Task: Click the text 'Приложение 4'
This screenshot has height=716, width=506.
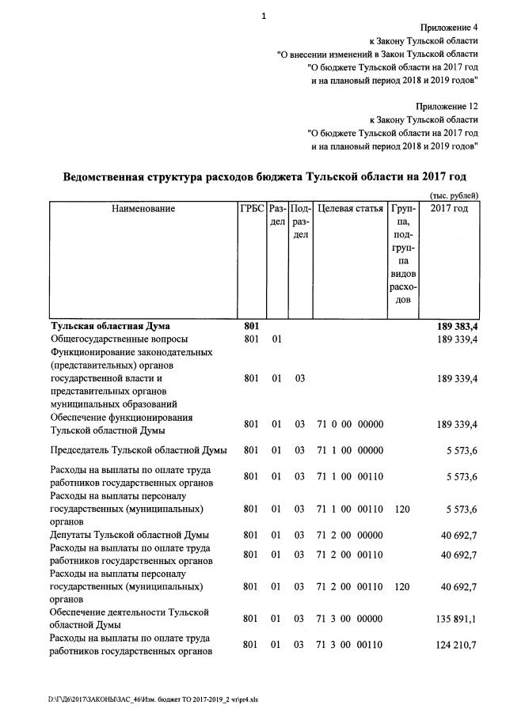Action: [x=449, y=27]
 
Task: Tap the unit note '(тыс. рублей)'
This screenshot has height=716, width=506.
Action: [x=453, y=195]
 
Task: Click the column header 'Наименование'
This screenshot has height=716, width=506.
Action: [x=143, y=209]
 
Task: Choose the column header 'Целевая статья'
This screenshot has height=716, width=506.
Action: [x=350, y=209]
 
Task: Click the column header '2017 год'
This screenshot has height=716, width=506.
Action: [x=449, y=209]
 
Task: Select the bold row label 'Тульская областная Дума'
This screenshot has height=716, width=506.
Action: [x=110, y=325]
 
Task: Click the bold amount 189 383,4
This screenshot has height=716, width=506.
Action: [x=457, y=325]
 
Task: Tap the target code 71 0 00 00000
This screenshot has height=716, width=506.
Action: [x=349, y=424]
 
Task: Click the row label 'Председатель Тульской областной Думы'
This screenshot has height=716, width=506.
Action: [x=139, y=450]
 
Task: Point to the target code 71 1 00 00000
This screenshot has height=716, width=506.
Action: [x=349, y=450]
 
